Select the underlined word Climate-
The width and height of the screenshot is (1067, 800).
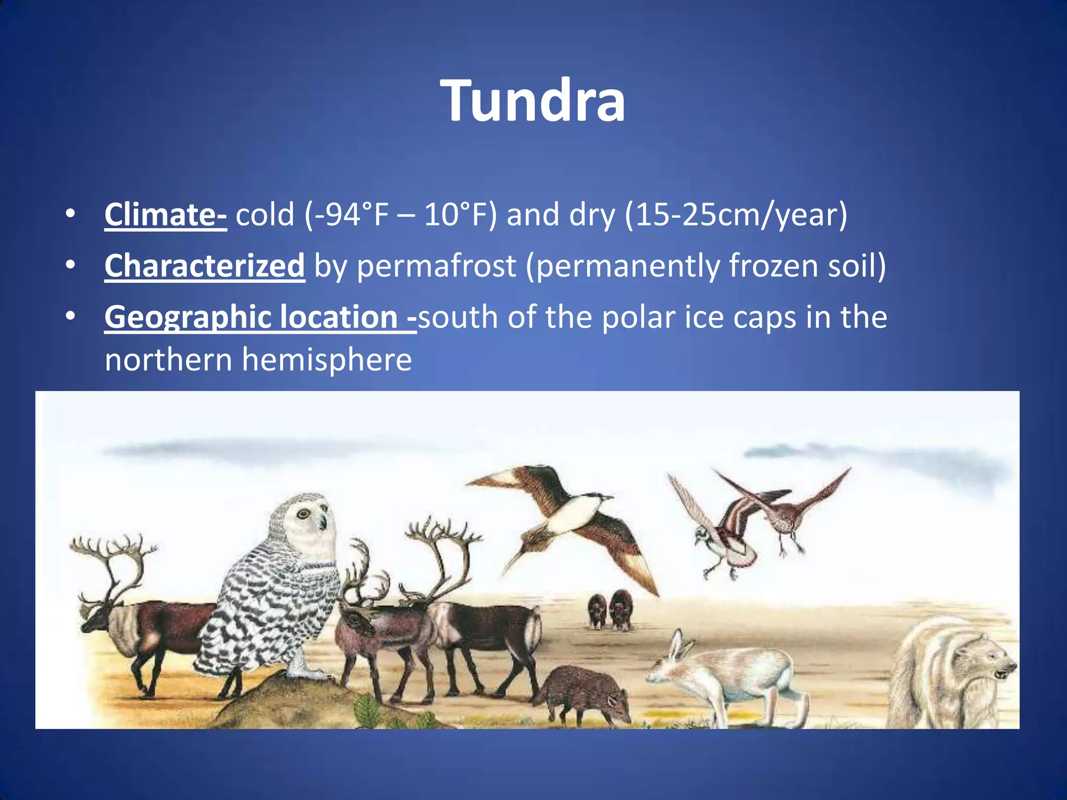165,214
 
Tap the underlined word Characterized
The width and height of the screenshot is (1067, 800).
204,266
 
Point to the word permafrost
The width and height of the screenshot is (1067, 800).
436,266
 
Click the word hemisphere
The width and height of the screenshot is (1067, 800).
327,359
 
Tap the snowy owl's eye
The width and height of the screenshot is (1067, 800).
303,514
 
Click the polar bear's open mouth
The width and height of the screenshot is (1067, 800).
1001,674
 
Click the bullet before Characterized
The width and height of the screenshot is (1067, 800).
70,266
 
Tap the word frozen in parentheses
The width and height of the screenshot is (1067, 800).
773,266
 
